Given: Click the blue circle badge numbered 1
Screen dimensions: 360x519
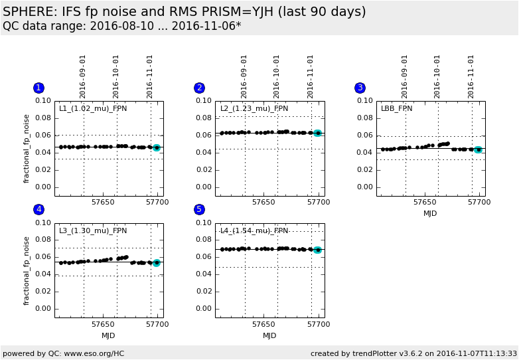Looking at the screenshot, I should (38, 88).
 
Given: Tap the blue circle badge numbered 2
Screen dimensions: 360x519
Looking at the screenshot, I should (199, 88).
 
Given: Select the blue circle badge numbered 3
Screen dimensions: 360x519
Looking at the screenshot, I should (360, 88).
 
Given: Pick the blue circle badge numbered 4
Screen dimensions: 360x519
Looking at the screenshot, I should (38, 209).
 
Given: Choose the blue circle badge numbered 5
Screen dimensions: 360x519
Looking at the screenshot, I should (199, 209).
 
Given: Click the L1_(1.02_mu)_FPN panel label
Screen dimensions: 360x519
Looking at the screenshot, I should (93, 108).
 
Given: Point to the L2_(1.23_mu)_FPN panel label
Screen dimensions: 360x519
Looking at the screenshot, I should (254, 108).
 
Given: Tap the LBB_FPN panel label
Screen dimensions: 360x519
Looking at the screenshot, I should (396, 108).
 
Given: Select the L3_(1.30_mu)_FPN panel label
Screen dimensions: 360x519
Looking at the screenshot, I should (93, 230).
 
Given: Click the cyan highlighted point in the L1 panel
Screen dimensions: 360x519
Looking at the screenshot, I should (157, 147).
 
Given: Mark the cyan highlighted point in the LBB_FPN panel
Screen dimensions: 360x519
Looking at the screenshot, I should (478, 149).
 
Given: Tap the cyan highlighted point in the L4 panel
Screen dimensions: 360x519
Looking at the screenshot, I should (317, 250).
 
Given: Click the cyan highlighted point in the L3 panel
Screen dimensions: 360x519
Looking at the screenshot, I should (157, 263).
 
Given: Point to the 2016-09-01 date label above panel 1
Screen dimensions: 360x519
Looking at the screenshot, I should (83, 76).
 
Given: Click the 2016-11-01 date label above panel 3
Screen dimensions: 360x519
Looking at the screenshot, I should (471, 76).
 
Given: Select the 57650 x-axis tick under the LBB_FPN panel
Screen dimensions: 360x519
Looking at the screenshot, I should (425, 202).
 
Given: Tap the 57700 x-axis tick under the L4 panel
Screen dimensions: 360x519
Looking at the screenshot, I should (319, 324).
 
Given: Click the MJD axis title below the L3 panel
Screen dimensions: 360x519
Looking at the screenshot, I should (108, 335).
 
